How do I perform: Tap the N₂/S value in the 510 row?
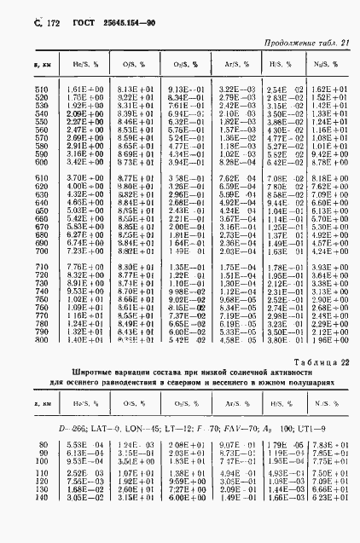tap(327, 89)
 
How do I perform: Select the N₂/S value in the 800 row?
tap(327, 340)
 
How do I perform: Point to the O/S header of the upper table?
tap(130, 64)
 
